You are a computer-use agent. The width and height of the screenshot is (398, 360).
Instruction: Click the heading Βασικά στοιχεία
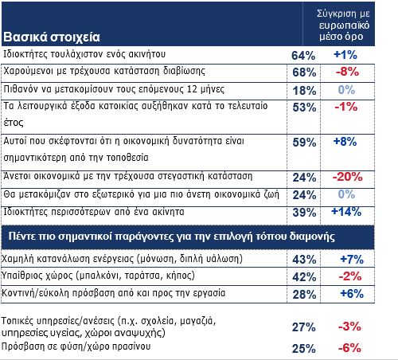[52, 37]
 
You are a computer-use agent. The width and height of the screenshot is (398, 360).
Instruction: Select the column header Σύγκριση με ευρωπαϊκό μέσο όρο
[343, 25]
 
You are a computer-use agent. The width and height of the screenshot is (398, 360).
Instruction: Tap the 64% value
[303, 56]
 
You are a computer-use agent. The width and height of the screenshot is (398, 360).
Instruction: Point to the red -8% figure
[347, 72]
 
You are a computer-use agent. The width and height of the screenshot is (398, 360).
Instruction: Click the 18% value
[304, 91]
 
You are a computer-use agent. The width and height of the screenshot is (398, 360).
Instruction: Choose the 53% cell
[304, 108]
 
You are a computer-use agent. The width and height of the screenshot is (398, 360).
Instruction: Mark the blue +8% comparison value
[345, 142]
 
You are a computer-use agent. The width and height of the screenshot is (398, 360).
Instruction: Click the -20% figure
[347, 177]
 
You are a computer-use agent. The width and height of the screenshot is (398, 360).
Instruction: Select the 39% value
[304, 213]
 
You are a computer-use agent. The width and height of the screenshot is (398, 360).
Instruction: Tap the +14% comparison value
[346, 212]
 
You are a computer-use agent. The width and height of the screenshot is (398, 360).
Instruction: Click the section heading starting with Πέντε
[172, 236]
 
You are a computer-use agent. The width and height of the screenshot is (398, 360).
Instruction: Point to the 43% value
[304, 259]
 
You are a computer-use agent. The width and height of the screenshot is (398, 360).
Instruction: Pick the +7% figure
[352, 259]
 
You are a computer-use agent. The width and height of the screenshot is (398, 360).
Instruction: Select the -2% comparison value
[350, 276]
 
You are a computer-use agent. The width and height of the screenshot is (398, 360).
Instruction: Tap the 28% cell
[304, 294]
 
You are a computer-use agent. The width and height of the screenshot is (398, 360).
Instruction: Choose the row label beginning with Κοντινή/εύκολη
[113, 293]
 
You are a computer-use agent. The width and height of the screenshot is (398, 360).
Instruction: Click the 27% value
[304, 327]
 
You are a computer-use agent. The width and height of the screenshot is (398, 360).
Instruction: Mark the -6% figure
[349, 348]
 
